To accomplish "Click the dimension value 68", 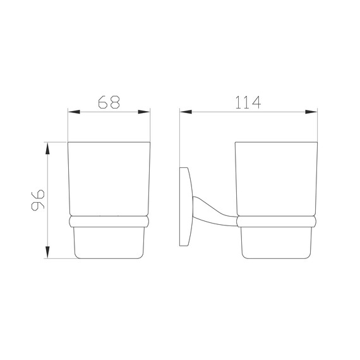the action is (x=109, y=102).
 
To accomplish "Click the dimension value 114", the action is (x=248, y=102).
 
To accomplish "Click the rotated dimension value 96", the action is (x=38, y=200).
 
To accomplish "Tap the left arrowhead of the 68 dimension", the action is (x=74, y=112).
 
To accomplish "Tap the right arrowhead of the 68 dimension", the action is (x=144, y=112).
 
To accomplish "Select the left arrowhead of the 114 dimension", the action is (x=186, y=112).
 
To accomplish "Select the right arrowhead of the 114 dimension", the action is (x=311, y=112).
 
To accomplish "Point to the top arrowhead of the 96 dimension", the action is (x=47, y=148).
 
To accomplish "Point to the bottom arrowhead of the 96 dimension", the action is (x=47, y=253).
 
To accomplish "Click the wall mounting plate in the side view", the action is (x=185, y=207).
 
